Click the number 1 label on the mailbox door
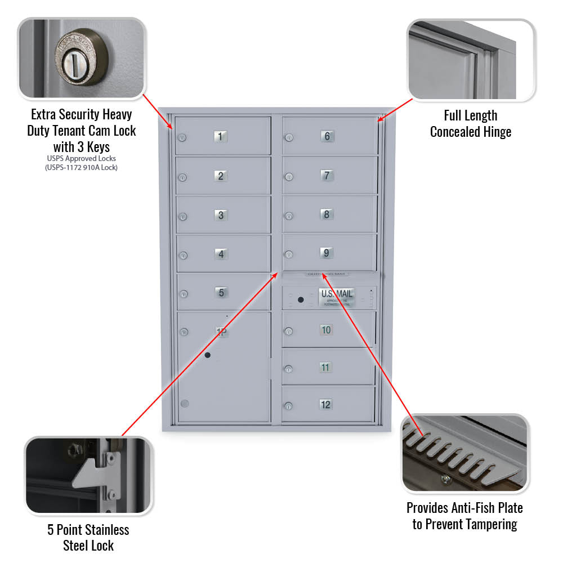[221, 136]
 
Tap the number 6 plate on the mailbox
[327, 136]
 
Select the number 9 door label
[327, 253]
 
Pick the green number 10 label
[326, 330]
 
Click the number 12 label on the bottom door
[325, 404]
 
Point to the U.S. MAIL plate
[337, 297]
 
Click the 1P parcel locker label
[222, 332]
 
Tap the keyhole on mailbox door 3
[182, 217]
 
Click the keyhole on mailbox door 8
[288, 216]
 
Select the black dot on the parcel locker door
[208, 355]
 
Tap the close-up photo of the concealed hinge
[471, 60]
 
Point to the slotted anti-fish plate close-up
[465, 453]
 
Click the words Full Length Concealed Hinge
[471, 124]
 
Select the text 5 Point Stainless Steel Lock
[89, 537]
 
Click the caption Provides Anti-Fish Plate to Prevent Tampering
[464, 516]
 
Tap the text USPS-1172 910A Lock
[82, 167]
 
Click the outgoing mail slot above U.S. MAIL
[327, 274]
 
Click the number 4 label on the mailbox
[221, 254]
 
